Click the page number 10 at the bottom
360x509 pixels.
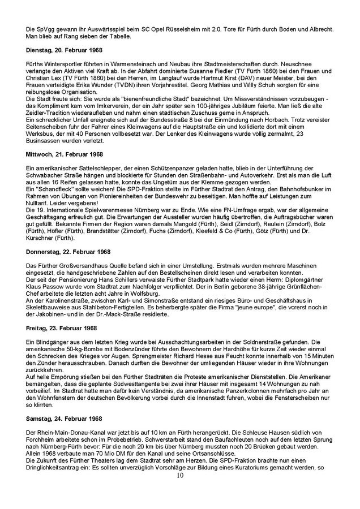180,476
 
